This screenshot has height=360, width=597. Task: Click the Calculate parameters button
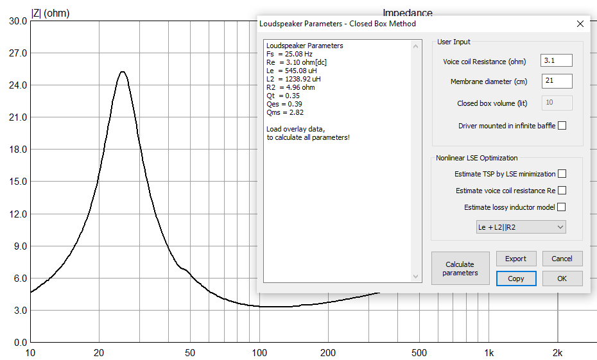(460, 268)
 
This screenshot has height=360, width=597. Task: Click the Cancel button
(562, 259)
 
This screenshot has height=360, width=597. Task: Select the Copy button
(516, 279)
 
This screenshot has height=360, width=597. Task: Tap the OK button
(562, 279)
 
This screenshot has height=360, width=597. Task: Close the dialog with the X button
(580, 24)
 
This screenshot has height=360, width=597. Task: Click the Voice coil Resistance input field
(556, 61)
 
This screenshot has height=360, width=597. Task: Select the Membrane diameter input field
(556, 81)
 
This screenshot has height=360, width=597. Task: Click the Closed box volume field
(556, 103)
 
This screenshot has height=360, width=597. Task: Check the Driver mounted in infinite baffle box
(562, 126)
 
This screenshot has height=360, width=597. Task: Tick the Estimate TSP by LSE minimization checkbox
(562, 174)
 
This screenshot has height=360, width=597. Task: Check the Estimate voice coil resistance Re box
(562, 191)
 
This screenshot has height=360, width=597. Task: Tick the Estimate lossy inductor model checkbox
(562, 207)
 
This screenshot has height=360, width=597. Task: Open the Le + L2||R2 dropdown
(521, 227)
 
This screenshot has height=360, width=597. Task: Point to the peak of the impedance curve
(122, 72)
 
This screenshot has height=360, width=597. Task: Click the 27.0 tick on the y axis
(18, 53)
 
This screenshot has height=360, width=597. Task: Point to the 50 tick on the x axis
(189, 353)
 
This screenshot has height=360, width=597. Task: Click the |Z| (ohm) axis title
(51, 13)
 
